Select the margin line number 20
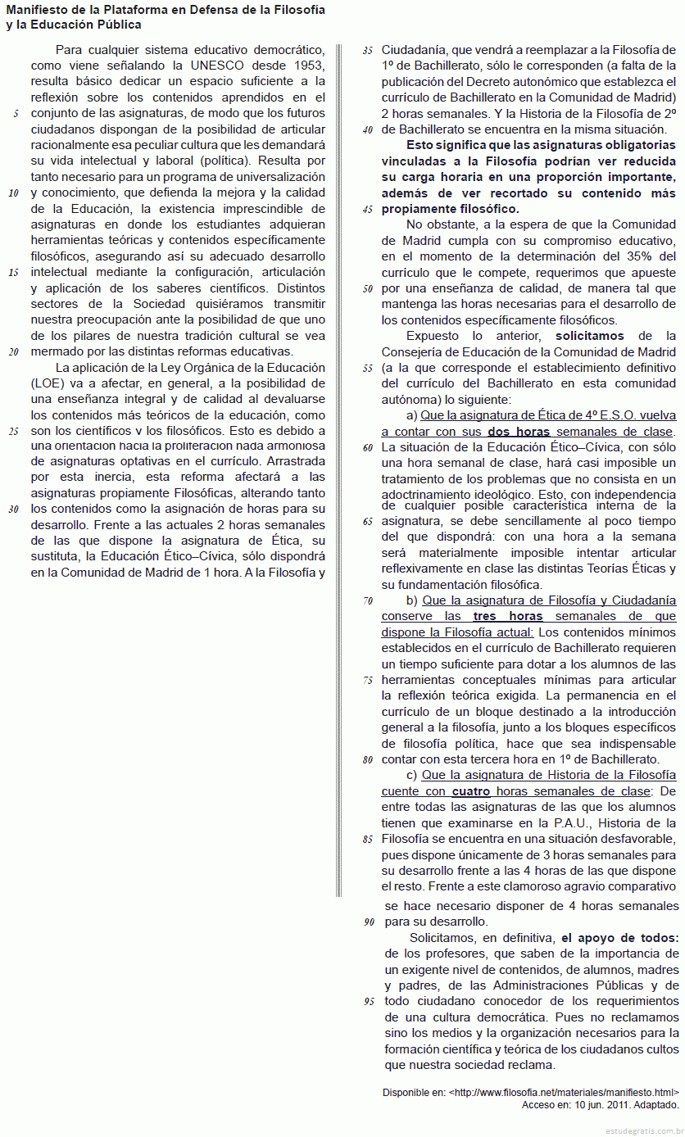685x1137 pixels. [x=13, y=352]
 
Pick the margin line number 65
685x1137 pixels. [x=368, y=521]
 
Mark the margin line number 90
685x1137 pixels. [x=368, y=922]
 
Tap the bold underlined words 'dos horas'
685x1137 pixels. [x=519, y=432]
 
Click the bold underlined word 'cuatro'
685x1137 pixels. [x=471, y=791]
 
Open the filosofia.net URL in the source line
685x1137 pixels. [x=565, y=1093]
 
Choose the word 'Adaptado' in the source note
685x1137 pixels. [x=657, y=1104]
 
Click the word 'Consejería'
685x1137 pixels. [x=412, y=352]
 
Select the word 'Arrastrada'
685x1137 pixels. [x=297, y=461]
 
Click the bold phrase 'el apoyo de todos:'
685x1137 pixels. [x=619, y=938]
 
